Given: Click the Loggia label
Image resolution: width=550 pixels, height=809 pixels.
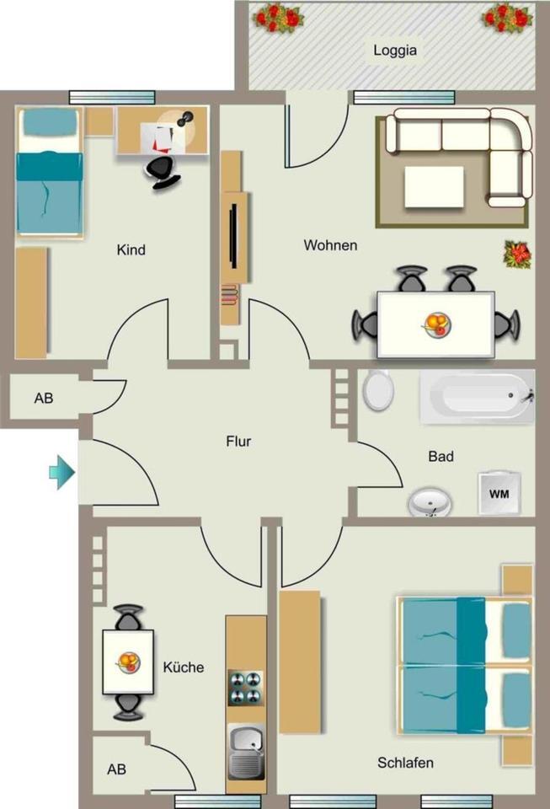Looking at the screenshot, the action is (x=395, y=51).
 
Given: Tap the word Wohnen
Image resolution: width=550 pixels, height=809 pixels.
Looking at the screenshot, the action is (x=330, y=245).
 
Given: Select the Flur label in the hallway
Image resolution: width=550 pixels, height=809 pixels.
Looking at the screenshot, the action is (x=238, y=442).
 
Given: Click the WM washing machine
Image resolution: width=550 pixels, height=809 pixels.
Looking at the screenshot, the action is (x=499, y=493).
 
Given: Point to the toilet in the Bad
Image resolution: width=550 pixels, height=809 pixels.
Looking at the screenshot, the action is (x=378, y=389).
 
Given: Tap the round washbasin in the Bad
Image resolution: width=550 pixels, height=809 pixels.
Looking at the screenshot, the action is (x=430, y=503).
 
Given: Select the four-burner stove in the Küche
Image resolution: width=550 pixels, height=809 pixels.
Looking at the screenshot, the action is (x=245, y=688).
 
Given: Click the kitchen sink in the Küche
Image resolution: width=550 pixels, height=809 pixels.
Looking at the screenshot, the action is (x=246, y=752).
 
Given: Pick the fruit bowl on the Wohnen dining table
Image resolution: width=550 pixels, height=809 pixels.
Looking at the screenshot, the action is (x=436, y=325).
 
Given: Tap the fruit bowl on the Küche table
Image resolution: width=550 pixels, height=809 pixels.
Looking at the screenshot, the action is (x=128, y=662).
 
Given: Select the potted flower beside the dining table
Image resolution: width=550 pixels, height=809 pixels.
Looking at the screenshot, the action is (x=517, y=254).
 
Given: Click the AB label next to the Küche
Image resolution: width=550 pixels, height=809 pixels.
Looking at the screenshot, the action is (x=116, y=769).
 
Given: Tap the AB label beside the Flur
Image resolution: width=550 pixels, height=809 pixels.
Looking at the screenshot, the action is (x=44, y=399).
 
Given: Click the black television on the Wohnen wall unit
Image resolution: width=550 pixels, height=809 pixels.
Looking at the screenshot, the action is (x=234, y=235).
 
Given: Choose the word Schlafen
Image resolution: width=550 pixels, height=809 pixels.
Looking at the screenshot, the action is (x=405, y=763).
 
